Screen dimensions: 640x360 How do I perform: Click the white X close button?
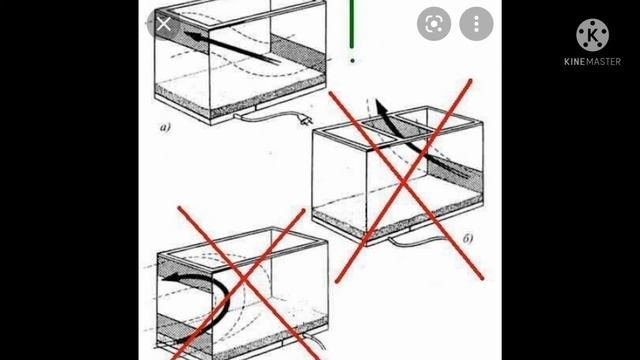coord(164,24)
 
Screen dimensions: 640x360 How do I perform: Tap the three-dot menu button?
coord(476,24)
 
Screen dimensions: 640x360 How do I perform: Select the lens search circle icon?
coord(434,24)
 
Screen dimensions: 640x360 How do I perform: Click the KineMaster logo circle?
coord(592,35)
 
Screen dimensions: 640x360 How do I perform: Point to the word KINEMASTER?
coord(592,62)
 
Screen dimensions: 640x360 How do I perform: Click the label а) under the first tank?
coord(165,128)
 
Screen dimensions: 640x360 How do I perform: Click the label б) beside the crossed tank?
coord(468,238)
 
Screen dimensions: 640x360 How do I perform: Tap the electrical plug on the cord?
coord(307,120)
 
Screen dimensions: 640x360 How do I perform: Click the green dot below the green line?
coord(353,61)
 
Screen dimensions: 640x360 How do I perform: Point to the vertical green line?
coord(352,24)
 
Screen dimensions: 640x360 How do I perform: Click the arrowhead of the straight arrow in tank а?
coord(192,36)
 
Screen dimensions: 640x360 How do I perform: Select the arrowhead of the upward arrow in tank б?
coord(380,107)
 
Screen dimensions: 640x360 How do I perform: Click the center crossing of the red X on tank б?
coord(403,183)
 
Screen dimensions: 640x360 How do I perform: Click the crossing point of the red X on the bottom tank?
coord(244,279)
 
